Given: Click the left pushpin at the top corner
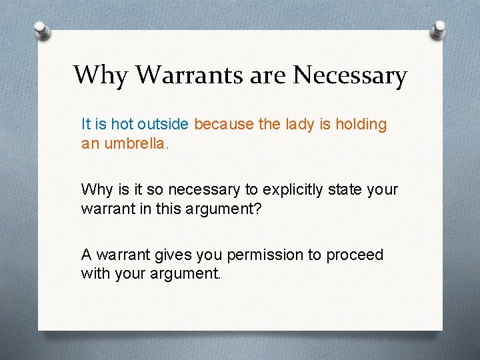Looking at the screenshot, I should pyautogui.click(x=41, y=31).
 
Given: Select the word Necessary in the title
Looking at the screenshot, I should pyautogui.click(x=350, y=75).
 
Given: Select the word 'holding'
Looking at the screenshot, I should pyautogui.click(x=361, y=125).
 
